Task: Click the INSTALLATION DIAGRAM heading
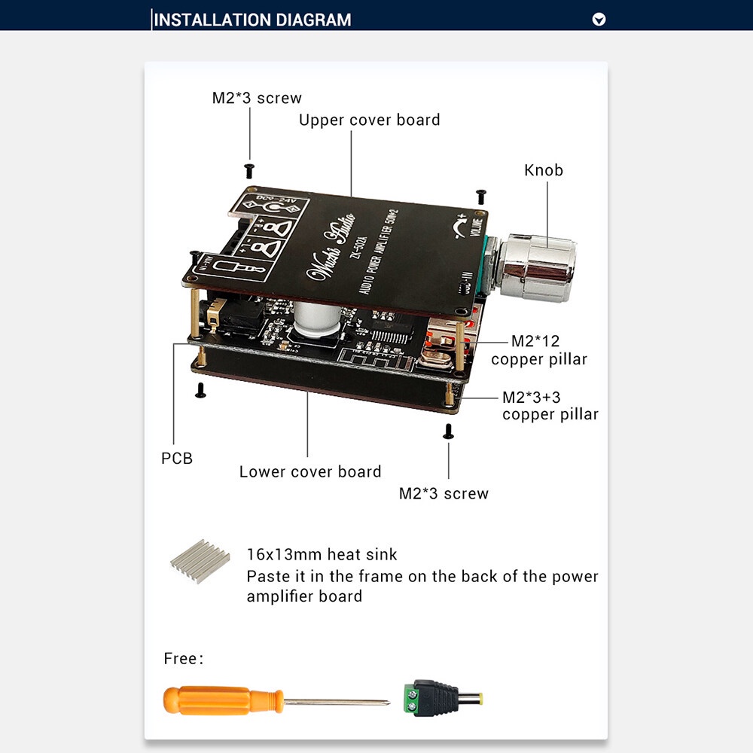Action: (x=252, y=20)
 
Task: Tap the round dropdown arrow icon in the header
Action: (x=599, y=20)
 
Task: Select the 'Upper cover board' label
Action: (x=369, y=120)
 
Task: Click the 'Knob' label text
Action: (x=544, y=170)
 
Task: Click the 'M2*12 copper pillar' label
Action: (x=539, y=350)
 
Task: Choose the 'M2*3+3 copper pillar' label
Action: (x=550, y=405)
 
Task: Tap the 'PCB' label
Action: (x=177, y=458)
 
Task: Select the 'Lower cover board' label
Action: (x=310, y=472)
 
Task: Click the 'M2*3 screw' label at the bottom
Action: (x=444, y=494)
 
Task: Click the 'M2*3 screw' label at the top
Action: (x=256, y=98)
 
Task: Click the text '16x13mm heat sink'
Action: (x=322, y=555)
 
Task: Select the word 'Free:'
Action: (x=184, y=659)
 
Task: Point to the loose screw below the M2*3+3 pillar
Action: (x=448, y=431)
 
